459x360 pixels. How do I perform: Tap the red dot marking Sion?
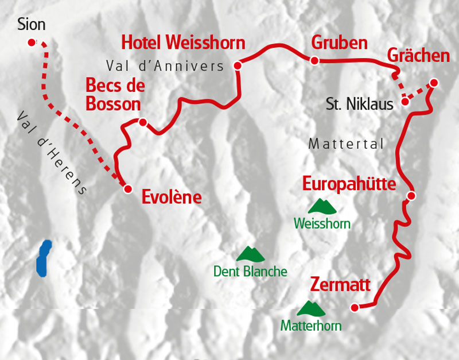[32, 42]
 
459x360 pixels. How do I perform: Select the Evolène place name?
[172, 198]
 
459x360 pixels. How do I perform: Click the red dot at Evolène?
[128, 188]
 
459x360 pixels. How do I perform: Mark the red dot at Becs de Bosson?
[143, 122]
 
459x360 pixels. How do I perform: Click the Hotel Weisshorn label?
[183, 42]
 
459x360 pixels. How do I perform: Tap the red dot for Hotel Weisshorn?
[238, 65]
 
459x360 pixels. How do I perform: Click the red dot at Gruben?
[314, 60]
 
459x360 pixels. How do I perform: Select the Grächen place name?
[418, 56]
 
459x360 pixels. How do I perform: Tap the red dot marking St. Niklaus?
[406, 102]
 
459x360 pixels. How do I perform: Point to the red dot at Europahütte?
[411, 196]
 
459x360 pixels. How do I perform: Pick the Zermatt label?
[340, 284]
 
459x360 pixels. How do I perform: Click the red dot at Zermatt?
[355, 308]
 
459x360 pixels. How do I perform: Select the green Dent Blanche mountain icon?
[250, 254]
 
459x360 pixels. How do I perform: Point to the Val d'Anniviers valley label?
[165, 66]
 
